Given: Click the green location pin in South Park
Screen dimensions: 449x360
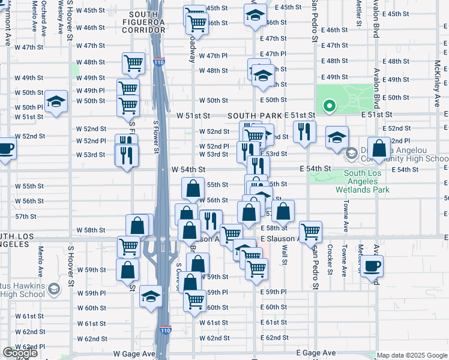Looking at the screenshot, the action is tap(329, 107).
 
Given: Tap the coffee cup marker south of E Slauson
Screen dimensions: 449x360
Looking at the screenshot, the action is tap(372, 266).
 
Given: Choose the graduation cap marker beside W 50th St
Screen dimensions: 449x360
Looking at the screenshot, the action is tap(56, 101).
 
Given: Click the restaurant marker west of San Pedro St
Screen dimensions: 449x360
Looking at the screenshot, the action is tap(304, 131).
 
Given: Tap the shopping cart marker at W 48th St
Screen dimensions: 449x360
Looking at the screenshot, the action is tap(133, 62).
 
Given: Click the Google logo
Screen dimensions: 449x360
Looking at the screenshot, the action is tap(20, 353).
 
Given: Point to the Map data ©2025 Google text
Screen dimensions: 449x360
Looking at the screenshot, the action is tap(412, 355).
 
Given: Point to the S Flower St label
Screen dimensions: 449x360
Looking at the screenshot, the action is tap(155, 136).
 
